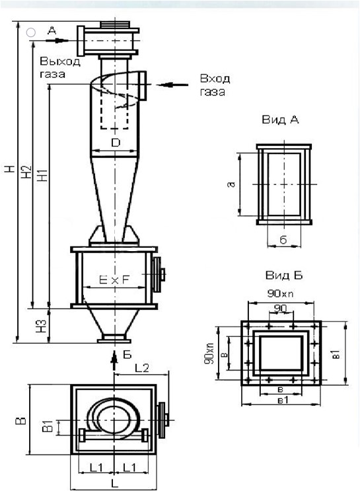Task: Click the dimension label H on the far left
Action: point(10,169)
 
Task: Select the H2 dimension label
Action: point(27,171)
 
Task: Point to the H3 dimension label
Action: point(42,326)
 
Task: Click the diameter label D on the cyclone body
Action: point(116,143)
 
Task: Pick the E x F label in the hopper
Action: point(114,280)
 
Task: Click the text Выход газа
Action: point(60,67)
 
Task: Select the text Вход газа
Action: point(215,85)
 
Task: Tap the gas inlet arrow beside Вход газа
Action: point(172,85)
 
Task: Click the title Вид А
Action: point(280,120)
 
